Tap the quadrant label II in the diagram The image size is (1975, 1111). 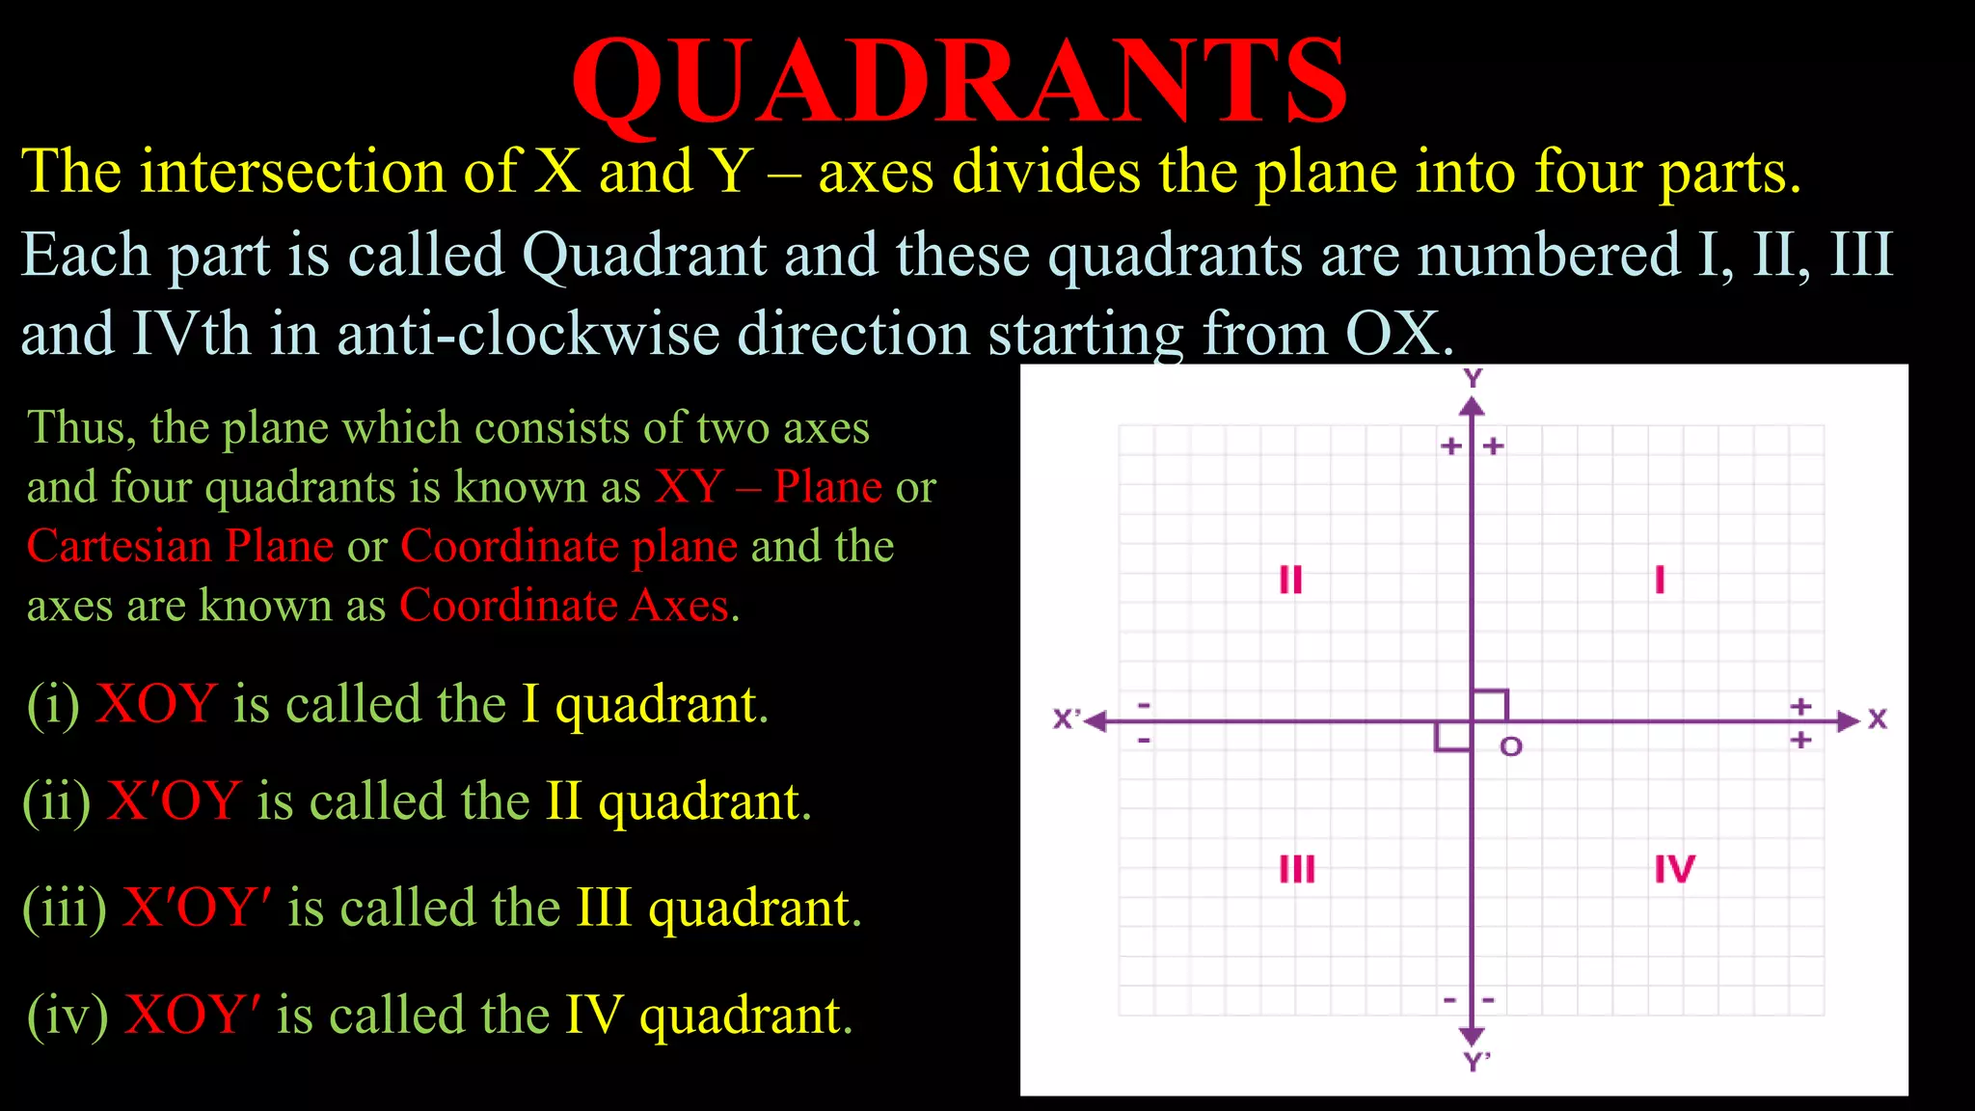(1290, 580)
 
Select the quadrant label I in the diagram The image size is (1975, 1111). (1660, 580)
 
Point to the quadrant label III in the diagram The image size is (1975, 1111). (1297, 869)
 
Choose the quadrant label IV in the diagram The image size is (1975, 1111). (1674, 869)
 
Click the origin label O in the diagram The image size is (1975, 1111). (1511, 746)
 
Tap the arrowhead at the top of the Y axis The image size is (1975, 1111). (1472, 407)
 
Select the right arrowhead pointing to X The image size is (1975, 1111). (1848, 721)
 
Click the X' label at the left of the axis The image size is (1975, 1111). (1067, 719)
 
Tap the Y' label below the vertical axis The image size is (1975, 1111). (1476, 1063)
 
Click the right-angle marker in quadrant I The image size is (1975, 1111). (1490, 705)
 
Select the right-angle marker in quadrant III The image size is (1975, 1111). (1452, 738)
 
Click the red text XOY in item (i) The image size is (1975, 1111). (156, 703)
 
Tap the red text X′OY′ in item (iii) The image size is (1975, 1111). (197, 908)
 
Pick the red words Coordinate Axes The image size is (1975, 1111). (564, 606)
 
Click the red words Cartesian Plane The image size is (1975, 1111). (179, 546)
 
